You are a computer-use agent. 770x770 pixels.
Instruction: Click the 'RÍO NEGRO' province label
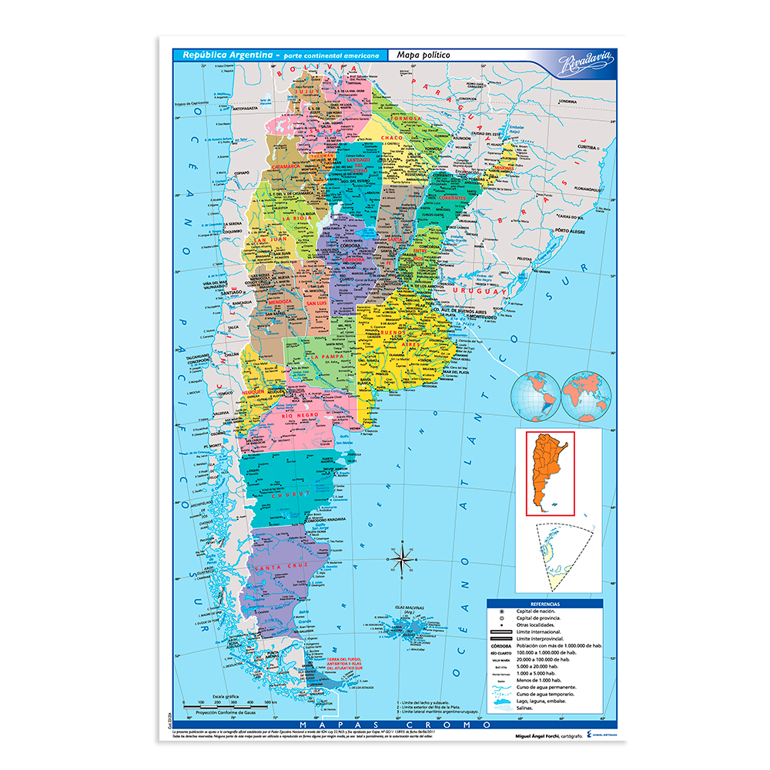[300, 415]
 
